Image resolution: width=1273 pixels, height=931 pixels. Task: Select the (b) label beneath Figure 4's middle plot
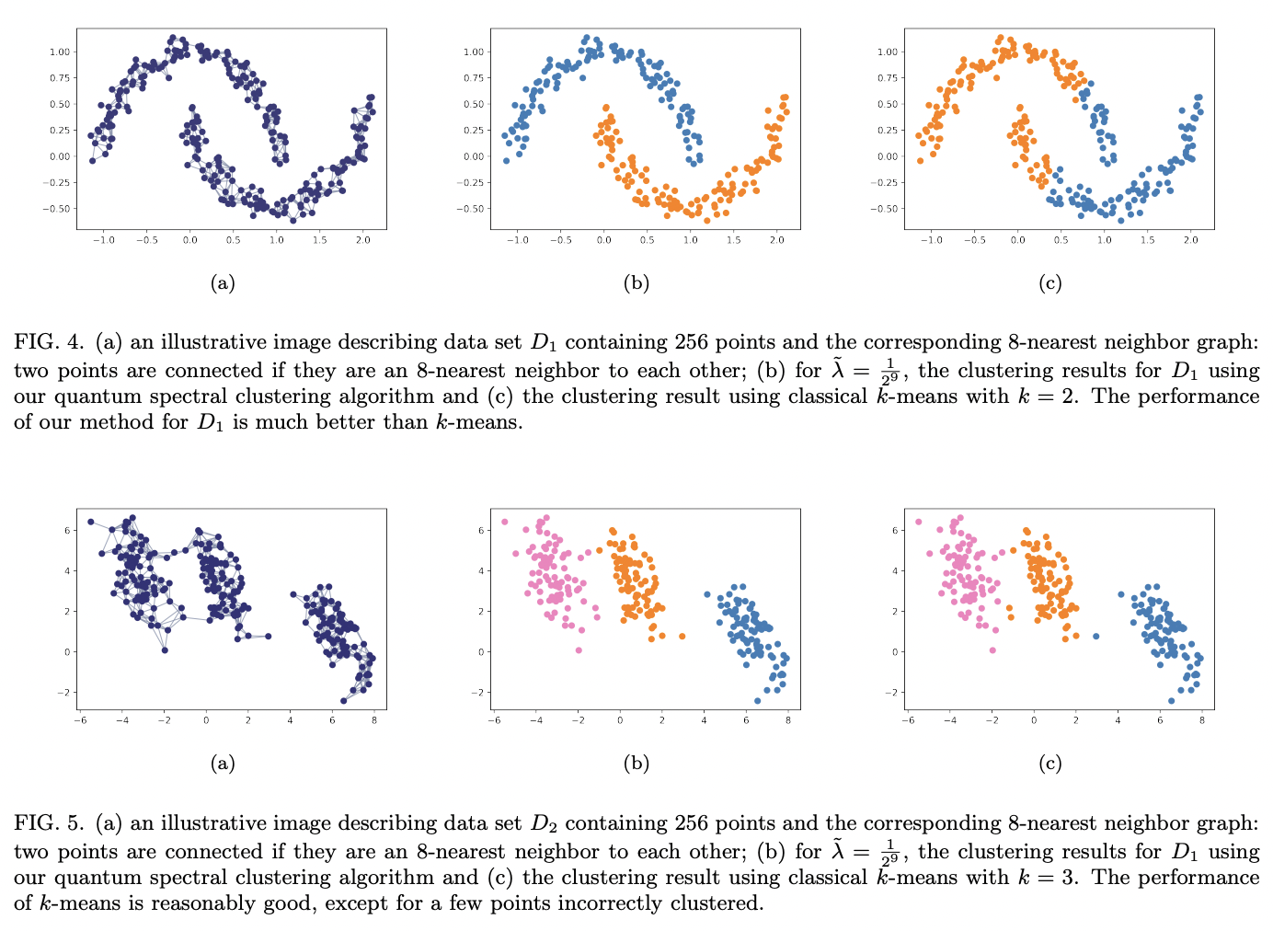click(x=636, y=283)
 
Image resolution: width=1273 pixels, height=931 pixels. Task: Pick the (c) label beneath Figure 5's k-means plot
click(x=1049, y=764)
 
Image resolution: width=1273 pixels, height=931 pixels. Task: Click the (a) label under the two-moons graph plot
click(x=222, y=283)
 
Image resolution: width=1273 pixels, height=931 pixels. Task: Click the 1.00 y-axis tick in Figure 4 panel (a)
click(x=59, y=52)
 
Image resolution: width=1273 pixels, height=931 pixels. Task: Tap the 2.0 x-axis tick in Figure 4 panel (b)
click(x=776, y=241)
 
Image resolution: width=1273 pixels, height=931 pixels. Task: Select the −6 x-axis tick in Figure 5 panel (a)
click(x=80, y=720)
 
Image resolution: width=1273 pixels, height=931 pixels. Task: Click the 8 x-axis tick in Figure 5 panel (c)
click(x=1201, y=720)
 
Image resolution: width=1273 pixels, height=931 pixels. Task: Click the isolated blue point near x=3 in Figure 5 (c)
click(x=1095, y=637)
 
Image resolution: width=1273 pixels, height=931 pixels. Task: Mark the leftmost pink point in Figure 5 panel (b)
click(x=504, y=522)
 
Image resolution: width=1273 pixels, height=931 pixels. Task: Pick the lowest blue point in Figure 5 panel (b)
click(x=757, y=701)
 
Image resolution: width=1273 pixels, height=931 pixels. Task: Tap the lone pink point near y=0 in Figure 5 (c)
click(x=992, y=650)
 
